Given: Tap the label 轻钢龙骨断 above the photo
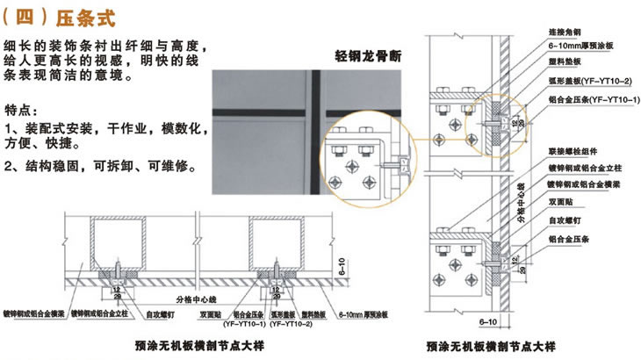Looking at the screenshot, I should click(372, 57).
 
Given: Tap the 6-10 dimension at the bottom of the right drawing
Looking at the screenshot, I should click(488, 321).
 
